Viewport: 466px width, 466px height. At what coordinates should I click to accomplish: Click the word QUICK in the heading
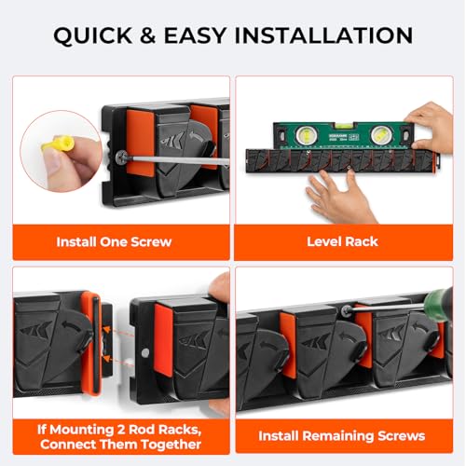click(92, 35)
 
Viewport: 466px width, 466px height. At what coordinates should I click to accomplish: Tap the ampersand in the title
click(148, 35)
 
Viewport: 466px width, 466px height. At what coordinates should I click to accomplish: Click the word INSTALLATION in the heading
click(323, 35)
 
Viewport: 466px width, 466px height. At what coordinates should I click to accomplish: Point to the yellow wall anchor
click(58, 145)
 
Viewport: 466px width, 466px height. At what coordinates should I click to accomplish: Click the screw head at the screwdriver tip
click(122, 158)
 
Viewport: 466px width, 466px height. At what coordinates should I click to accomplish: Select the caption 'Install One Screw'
click(114, 241)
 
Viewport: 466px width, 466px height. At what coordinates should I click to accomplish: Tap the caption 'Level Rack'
click(342, 241)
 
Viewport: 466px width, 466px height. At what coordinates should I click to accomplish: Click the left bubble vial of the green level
click(306, 135)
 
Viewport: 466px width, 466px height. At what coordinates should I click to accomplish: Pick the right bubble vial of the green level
click(380, 135)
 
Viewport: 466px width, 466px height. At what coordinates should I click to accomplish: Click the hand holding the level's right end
click(430, 128)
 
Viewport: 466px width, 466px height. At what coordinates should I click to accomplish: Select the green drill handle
click(439, 305)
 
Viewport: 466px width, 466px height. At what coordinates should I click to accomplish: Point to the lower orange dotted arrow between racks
click(118, 361)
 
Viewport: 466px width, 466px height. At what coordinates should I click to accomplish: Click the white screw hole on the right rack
click(144, 352)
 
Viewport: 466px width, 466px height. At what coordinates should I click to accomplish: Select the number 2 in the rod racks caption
click(121, 430)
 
